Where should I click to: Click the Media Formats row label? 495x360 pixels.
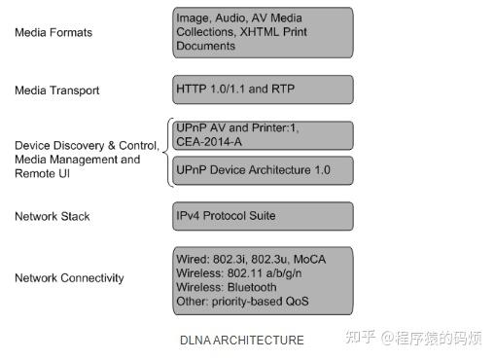tap(53, 33)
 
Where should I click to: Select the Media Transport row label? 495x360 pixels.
tap(56, 90)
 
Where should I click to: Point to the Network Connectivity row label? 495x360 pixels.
tap(69, 278)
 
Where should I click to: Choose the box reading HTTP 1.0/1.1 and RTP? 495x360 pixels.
tap(263, 89)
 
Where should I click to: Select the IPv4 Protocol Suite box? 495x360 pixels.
tap(263, 215)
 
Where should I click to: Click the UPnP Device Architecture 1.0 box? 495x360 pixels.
tap(263, 170)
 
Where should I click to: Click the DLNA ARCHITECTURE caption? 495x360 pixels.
tap(242, 341)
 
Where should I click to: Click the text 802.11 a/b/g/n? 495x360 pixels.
tap(274, 274)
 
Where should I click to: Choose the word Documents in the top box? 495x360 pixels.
tap(206, 46)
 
